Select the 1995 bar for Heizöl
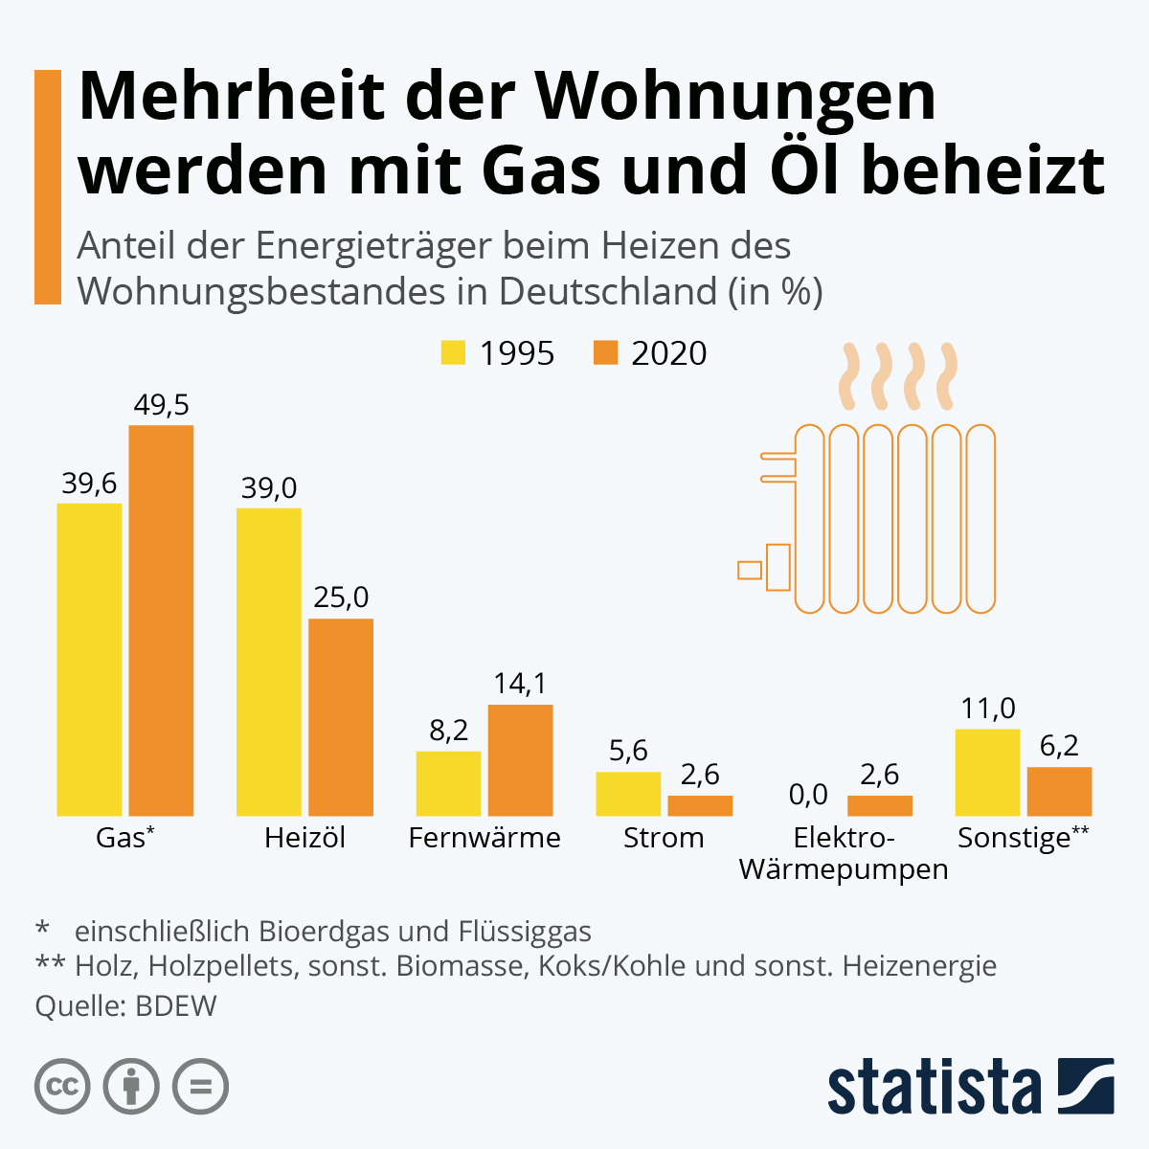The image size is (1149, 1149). click(269, 662)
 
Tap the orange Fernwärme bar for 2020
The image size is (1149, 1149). click(520, 760)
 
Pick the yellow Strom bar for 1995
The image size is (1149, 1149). click(628, 794)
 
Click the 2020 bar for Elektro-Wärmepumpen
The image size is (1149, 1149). click(880, 805)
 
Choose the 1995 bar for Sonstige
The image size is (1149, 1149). click(987, 772)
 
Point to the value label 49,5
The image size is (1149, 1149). click(161, 405)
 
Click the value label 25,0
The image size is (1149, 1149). click(341, 597)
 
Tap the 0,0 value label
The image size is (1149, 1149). click(808, 794)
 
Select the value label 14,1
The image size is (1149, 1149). click(520, 684)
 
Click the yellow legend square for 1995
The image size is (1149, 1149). click(453, 352)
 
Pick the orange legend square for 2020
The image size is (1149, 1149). click(605, 352)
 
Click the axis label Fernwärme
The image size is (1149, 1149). click(484, 838)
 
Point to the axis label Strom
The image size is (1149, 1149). click(664, 838)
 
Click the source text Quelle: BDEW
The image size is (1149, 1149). click(125, 1006)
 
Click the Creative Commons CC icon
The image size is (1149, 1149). click(62, 1087)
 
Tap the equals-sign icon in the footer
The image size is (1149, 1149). click(200, 1087)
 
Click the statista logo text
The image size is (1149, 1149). click(934, 1087)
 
